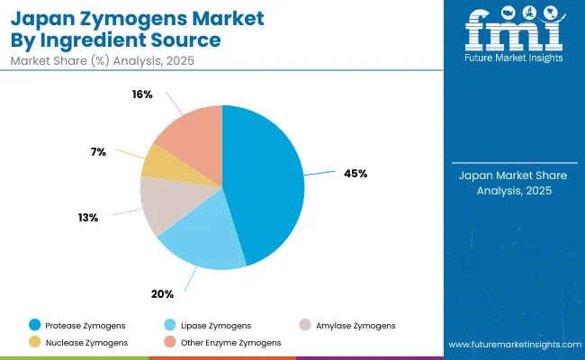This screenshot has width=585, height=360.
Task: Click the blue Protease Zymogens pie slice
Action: tap(265, 180)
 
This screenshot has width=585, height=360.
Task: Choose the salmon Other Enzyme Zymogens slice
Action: tap(189, 135)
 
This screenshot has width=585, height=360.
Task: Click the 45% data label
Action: tap(355, 174)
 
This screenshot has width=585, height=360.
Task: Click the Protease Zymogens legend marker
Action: tap(34, 325)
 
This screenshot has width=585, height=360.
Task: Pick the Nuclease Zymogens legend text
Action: tap(87, 342)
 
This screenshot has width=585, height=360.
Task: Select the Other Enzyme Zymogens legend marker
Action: tap(169, 342)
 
